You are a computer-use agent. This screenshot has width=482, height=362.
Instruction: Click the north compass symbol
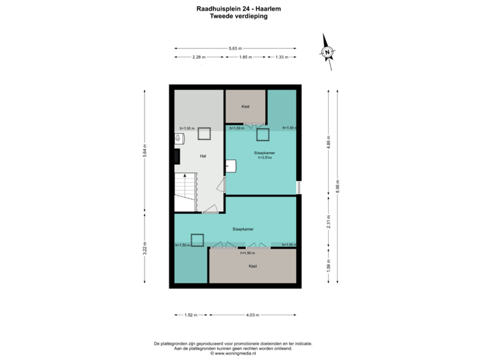pos(327,52)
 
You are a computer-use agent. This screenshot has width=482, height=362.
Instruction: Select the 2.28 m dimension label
pos(199,58)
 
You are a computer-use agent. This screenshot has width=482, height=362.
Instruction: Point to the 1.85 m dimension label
pos(246,58)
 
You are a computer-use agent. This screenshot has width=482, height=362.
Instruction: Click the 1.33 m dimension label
pos(282,58)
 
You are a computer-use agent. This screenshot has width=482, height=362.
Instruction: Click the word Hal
pos(202,156)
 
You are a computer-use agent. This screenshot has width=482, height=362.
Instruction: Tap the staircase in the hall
pos(185,191)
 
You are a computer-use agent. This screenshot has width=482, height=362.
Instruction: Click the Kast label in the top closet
pos(246,106)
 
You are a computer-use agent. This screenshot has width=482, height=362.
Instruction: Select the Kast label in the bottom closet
pos(252,266)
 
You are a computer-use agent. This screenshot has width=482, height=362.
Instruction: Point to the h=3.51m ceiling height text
pos(264,158)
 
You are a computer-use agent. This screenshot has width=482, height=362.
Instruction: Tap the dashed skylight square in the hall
pos(204,133)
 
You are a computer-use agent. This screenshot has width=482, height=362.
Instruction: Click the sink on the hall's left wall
pos(179,139)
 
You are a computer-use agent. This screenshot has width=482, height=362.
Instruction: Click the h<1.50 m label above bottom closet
pos(248,253)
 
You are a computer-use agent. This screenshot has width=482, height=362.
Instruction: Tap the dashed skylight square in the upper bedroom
pos(262,134)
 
